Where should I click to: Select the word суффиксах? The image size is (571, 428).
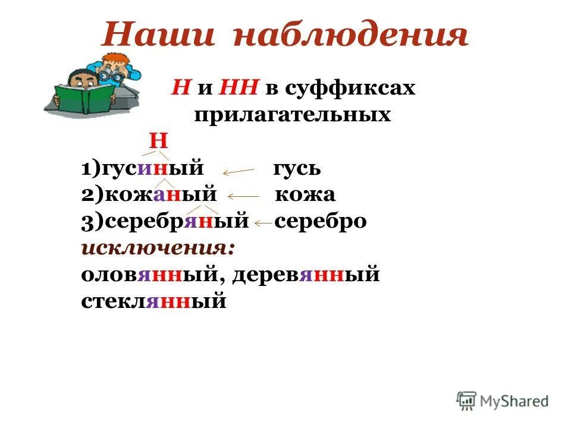[x=350, y=89]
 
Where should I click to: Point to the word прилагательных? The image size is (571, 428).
[x=292, y=114]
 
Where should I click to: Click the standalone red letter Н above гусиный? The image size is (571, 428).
[x=158, y=141]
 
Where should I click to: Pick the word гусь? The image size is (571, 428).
[x=297, y=168]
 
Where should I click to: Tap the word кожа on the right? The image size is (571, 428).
[x=305, y=194]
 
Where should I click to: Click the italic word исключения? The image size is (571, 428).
[x=158, y=247]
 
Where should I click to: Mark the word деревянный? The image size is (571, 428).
[x=306, y=275]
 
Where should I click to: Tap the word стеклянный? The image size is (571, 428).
[x=154, y=301]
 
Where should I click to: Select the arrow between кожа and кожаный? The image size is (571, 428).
[x=243, y=196]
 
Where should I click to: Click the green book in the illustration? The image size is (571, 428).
[x=84, y=99]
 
